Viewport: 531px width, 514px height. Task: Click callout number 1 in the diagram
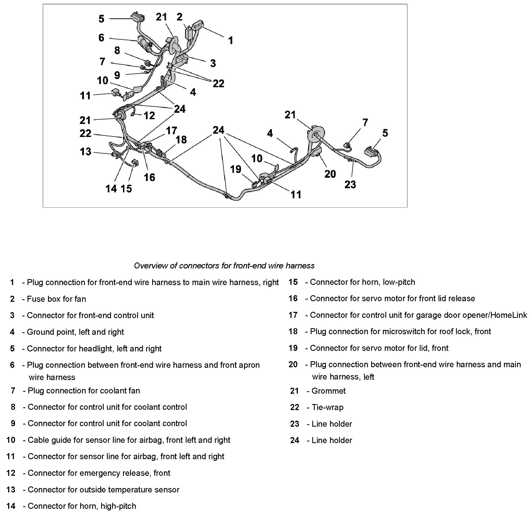coord(230,41)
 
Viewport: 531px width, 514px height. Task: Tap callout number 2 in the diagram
coord(179,17)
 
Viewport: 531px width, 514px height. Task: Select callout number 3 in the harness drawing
coord(213,64)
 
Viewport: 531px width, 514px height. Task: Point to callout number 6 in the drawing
coord(101,38)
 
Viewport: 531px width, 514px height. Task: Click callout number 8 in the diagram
coord(117,50)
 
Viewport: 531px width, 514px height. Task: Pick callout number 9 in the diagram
coord(117,75)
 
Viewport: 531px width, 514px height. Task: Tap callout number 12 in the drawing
coord(149,116)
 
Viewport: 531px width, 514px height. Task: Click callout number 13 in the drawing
coord(85,152)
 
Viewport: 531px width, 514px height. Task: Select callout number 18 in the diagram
coord(181,140)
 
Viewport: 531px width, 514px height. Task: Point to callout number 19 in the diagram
coord(236,169)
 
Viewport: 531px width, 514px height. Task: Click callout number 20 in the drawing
coord(330,174)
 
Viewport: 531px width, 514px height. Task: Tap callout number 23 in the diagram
coord(350,185)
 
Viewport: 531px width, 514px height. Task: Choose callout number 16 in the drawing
coord(149,178)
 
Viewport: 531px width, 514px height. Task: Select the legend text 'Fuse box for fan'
coord(56,299)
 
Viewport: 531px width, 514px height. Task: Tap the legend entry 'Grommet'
coord(328,391)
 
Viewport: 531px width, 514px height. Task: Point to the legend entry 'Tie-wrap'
coord(327,407)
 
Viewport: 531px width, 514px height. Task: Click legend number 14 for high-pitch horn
coord(11,506)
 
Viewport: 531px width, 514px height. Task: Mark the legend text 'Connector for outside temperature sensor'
coord(103,490)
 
